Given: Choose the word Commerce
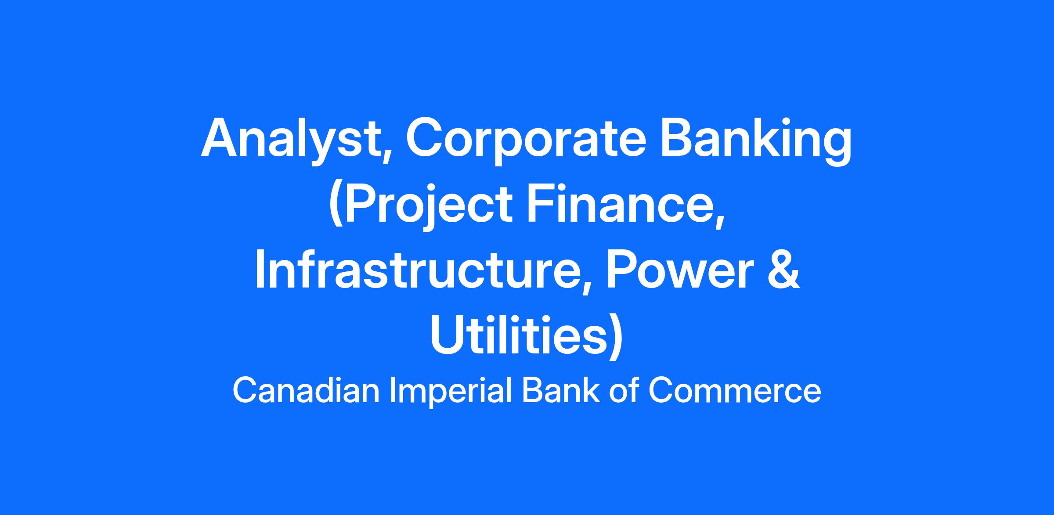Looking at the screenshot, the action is click(x=735, y=391).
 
